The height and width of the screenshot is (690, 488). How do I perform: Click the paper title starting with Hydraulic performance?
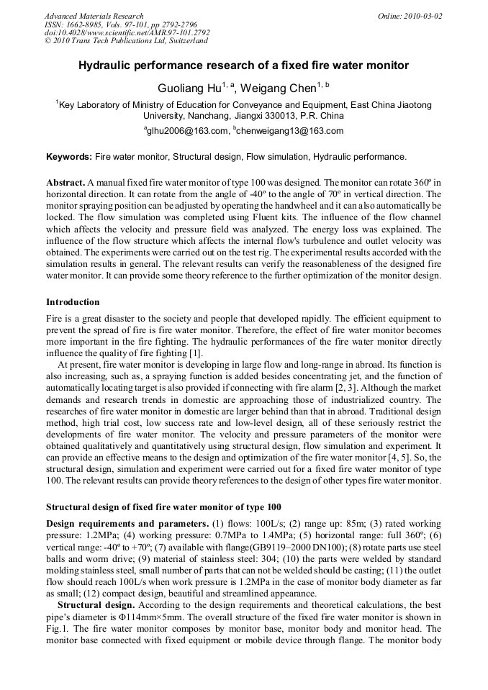click(243, 65)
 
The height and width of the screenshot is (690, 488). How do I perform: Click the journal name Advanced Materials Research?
click(94, 16)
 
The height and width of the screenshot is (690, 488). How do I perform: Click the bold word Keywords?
click(69, 156)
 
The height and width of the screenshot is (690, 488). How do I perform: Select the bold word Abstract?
click(65, 183)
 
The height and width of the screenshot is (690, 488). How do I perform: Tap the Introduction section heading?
click(73, 301)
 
